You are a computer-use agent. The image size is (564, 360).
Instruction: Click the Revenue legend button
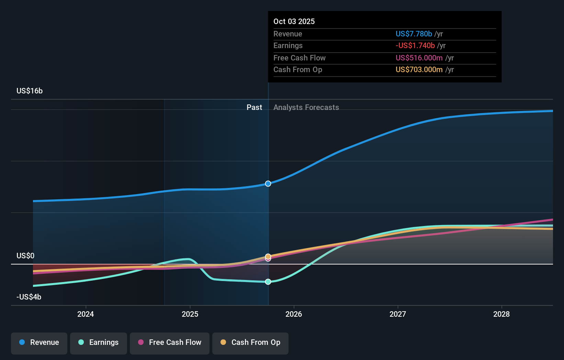(x=39, y=342)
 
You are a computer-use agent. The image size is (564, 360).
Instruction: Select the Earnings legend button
(x=99, y=342)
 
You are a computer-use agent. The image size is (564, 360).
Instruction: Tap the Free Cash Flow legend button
(x=170, y=342)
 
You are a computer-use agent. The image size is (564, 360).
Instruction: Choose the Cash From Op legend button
(x=250, y=342)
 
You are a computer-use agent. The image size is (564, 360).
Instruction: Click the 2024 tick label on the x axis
(x=86, y=314)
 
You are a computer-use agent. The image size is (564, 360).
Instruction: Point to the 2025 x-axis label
(x=190, y=314)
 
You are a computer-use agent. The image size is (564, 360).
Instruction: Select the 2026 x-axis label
(x=294, y=314)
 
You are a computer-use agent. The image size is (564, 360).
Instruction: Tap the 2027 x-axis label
(x=398, y=314)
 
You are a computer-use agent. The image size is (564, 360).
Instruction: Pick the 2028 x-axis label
(x=501, y=314)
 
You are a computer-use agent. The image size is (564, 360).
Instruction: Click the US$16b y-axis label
(x=30, y=91)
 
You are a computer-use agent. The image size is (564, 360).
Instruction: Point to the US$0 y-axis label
(x=25, y=256)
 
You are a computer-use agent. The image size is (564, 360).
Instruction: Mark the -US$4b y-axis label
(x=29, y=297)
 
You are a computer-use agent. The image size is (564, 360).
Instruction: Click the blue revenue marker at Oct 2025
(x=268, y=184)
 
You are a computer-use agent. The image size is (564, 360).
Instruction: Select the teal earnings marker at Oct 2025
(x=268, y=282)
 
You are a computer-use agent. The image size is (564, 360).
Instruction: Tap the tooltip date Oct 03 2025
(x=294, y=21)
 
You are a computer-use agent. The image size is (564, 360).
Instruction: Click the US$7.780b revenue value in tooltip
(x=414, y=34)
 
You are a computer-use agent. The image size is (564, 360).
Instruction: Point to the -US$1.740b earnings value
(x=415, y=45)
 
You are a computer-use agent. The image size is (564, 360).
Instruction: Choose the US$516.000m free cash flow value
(x=419, y=58)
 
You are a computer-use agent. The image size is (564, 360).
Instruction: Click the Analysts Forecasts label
(x=306, y=107)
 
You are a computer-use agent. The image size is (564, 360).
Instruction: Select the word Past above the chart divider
(x=254, y=107)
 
